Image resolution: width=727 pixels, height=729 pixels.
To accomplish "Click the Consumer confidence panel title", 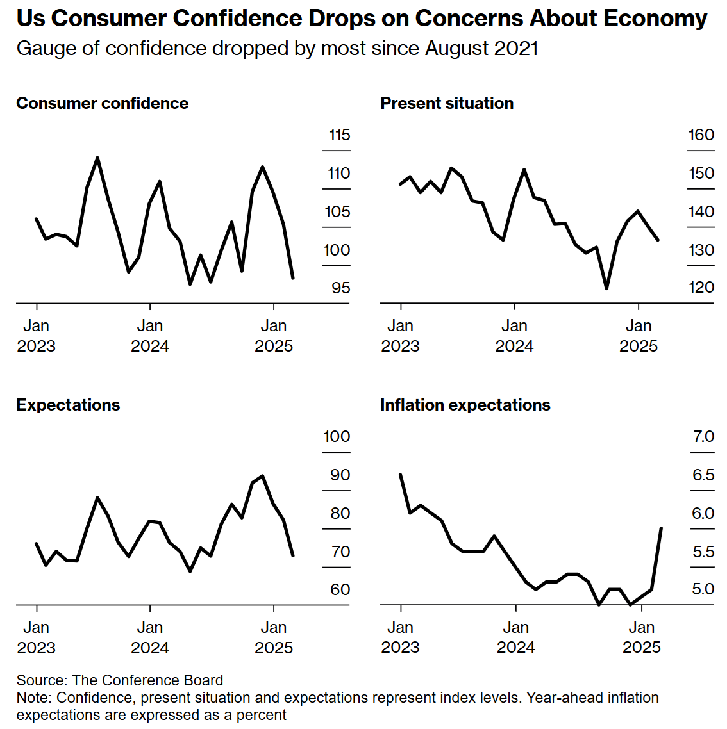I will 102,104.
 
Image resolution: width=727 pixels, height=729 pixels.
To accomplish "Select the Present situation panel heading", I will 446,104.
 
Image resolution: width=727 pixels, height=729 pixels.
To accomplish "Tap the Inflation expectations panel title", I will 465,405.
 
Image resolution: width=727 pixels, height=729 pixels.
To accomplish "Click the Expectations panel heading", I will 68,405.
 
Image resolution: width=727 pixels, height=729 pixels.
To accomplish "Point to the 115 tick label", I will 339,135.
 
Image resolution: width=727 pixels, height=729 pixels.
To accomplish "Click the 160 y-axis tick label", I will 701,135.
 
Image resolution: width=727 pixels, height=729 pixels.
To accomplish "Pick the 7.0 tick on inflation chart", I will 703,437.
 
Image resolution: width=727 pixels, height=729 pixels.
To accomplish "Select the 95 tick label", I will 340,288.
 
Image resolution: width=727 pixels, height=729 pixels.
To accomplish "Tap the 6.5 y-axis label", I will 703,475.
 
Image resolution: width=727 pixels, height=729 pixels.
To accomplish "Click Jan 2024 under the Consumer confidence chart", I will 150,336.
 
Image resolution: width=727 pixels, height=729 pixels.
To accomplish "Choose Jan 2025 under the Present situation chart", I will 639,336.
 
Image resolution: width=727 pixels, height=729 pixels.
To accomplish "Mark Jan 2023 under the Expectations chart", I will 37,637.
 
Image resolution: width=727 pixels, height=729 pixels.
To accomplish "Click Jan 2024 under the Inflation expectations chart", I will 515,637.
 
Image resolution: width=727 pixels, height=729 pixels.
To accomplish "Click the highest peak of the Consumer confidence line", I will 97,158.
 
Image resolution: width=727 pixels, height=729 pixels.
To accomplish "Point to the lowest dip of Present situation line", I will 606,288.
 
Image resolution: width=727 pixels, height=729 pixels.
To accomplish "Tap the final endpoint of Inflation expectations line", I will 661,528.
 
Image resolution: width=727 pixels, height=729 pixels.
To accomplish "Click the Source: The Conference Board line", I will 120,680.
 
